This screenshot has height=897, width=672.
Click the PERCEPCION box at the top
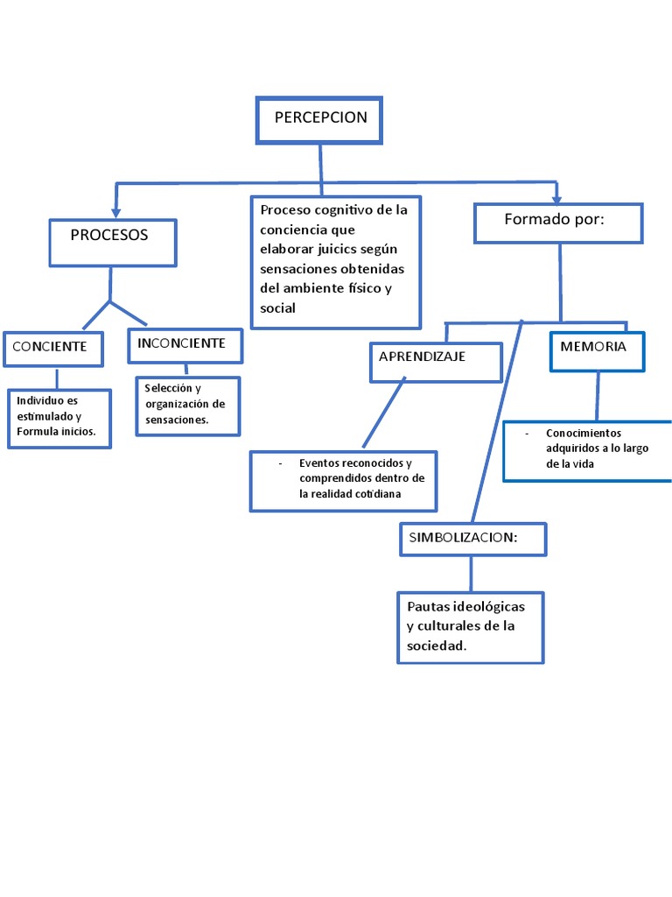[x=319, y=120]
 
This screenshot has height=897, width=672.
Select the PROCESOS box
[x=112, y=242]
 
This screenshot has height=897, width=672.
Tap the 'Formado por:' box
[x=557, y=222]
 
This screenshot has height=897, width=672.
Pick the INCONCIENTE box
[x=185, y=345]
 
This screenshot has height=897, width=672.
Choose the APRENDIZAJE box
[x=436, y=362]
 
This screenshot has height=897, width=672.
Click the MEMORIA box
[x=597, y=350]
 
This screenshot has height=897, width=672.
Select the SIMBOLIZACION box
[x=472, y=539]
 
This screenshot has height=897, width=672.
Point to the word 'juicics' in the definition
[x=350, y=248]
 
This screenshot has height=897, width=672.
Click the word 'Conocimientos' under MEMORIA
[x=583, y=433]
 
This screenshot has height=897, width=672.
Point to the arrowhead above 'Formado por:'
[x=556, y=197]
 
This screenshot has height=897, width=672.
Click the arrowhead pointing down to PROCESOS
[x=117, y=212]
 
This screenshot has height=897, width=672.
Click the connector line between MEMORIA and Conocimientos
[x=598, y=396]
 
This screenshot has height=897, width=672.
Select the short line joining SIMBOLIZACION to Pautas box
[x=472, y=574]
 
